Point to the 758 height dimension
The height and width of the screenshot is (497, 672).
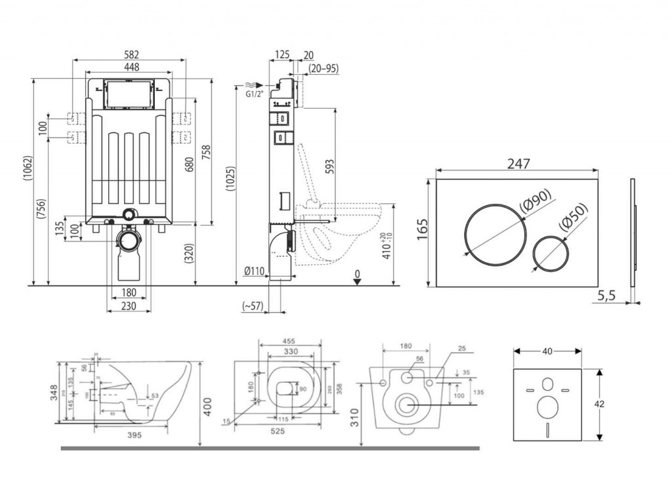tap(206, 153)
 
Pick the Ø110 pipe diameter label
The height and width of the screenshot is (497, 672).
tap(254, 271)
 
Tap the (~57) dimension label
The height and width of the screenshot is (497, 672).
tap(253, 306)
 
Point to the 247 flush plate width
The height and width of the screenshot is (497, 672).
tap(517, 164)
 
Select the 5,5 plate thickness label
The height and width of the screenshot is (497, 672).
tap(608, 296)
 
